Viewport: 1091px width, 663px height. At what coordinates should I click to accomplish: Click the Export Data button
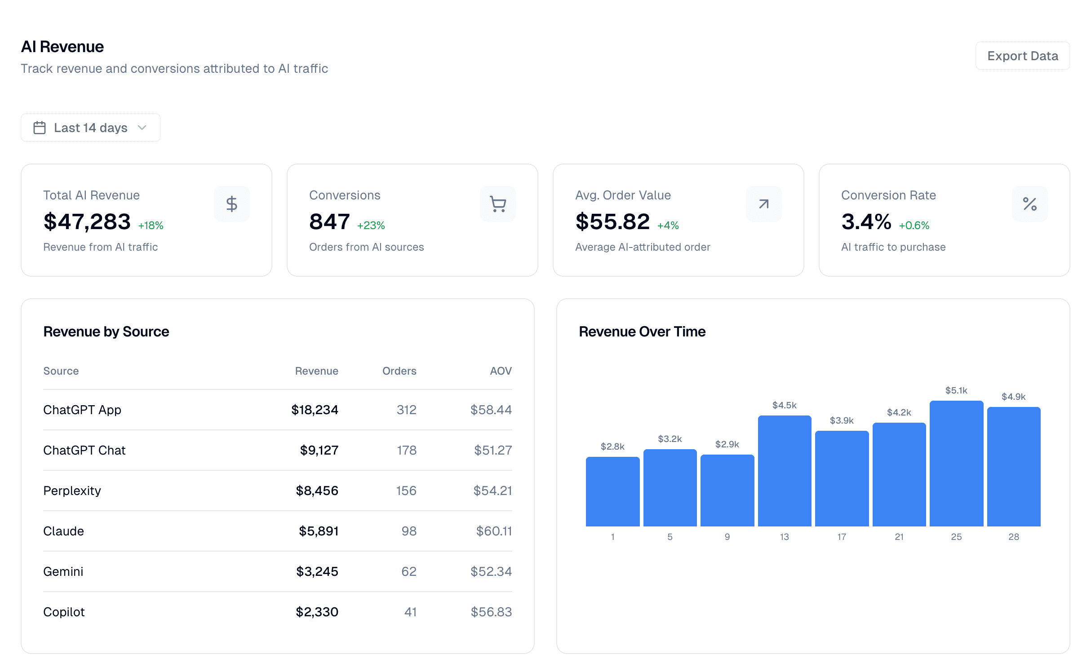click(1022, 56)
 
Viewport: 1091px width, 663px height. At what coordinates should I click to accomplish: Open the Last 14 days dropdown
click(90, 128)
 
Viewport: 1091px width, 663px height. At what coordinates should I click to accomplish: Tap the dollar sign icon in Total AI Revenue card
click(231, 204)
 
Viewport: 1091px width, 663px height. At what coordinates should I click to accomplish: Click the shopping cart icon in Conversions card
click(497, 204)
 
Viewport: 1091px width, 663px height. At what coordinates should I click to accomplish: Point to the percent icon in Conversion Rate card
click(1029, 204)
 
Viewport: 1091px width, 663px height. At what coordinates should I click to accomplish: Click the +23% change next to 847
click(371, 225)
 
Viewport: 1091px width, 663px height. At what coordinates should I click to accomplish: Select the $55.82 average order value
click(612, 221)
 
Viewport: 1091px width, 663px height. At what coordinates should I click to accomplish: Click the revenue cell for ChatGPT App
click(315, 410)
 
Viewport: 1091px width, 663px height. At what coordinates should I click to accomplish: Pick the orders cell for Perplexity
click(406, 491)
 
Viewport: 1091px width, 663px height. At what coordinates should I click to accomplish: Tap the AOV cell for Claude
click(493, 531)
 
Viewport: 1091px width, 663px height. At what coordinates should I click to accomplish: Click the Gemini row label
click(63, 571)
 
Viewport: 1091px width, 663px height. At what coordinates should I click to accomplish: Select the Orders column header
click(399, 371)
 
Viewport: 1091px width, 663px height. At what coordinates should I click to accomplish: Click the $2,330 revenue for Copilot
click(317, 612)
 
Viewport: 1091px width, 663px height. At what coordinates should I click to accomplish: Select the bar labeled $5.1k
click(956, 463)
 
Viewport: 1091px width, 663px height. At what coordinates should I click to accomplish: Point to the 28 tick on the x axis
click(1013, 537)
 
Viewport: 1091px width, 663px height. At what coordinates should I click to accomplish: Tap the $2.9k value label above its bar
click(727, 444)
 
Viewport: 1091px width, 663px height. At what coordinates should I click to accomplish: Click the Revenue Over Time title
click(642, 331)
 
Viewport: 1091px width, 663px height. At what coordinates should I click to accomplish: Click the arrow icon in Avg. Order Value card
click(763, 204)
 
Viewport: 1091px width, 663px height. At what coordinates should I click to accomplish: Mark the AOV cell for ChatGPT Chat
click(492, 450)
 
